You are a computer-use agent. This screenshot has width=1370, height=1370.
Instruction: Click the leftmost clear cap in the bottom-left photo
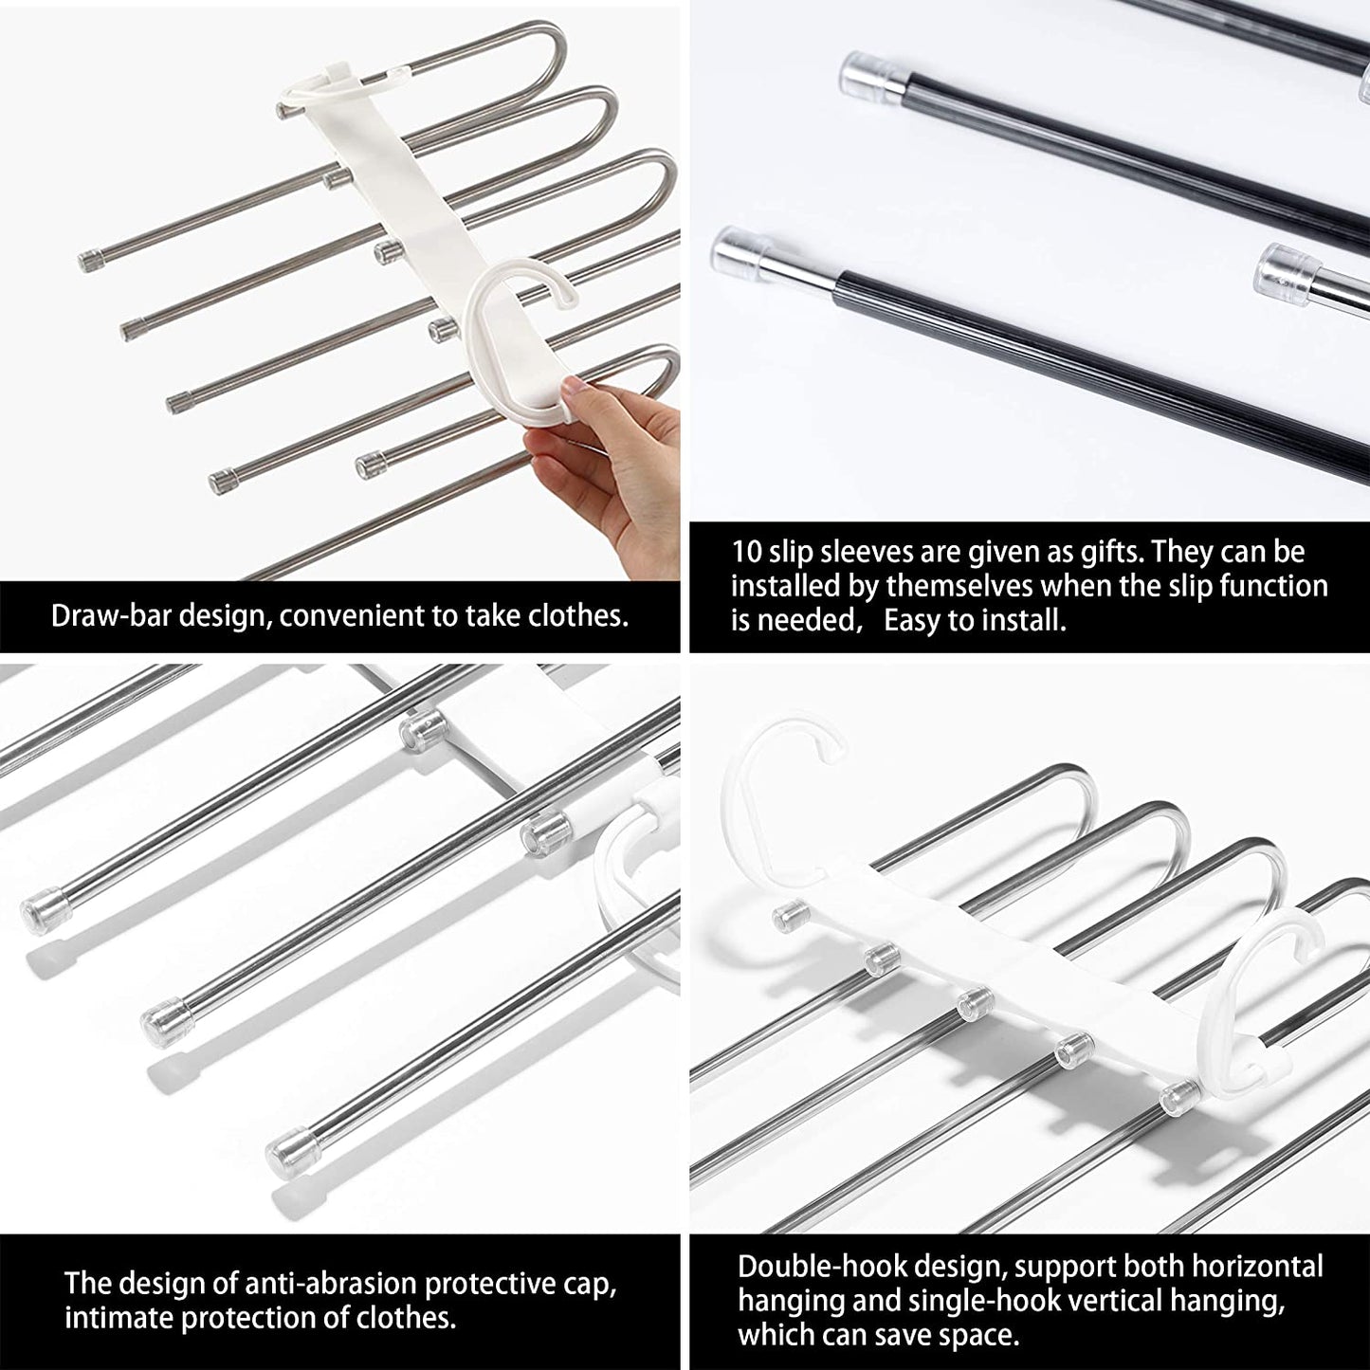(x=42, y=909)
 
